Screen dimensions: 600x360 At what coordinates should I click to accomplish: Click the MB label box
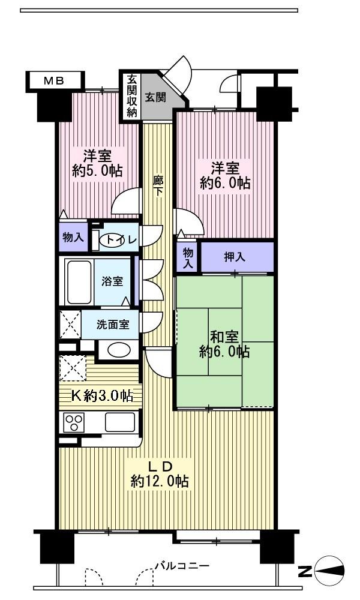tap(53, 80)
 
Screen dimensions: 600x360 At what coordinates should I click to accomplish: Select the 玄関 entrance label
tap(155, 96)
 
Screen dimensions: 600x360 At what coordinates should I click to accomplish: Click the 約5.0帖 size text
tap(97, 170)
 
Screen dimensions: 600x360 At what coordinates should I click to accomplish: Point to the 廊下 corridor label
tap(158, 185)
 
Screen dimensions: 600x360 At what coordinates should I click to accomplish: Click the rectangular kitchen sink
tap(120, 422)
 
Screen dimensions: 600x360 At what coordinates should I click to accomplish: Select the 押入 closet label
tap(235, 257)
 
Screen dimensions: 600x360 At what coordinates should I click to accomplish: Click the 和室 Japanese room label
tap(224, 336)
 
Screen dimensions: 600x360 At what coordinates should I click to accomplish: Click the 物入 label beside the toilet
tap(73, 238)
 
